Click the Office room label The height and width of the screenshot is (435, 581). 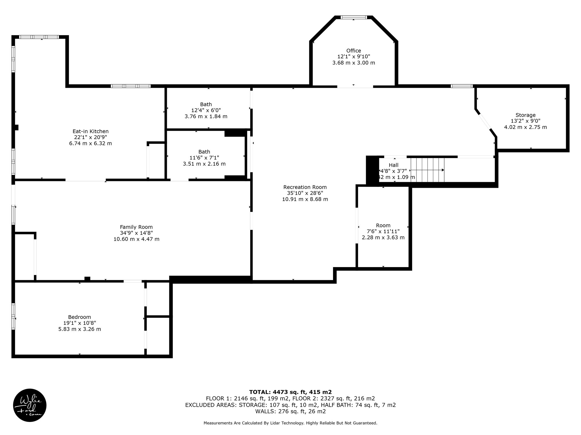[x=353, y=51]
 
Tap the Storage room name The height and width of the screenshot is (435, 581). [x=525, y=115]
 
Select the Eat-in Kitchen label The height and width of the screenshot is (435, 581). [x=90, y=131]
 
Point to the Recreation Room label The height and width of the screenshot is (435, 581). [x=305, y=187]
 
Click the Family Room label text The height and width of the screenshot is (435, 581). [x=136, y=227]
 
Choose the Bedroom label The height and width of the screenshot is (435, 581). [x=79, y=317]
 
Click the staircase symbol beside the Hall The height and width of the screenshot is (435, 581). [x=428, y=170]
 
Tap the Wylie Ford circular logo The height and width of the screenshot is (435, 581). [x=30, y=405]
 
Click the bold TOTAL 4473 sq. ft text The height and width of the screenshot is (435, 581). [x=290, y=392]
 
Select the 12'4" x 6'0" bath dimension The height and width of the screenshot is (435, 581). [x=206, y=110]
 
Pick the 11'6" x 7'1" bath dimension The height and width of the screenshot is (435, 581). [x=204, y=158]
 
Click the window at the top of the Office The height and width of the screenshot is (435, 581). [x=354, y=18]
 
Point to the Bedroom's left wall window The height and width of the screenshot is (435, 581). [x=13, y=316]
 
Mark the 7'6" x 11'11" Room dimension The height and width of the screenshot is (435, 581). [x=383, y=231]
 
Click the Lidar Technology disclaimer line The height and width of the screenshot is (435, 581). [x=290, y=423]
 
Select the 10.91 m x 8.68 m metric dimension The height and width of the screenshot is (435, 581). [x=305, y=199]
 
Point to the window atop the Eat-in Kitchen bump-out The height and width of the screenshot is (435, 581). [x=39, y=37]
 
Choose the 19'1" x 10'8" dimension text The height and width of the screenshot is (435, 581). [x=80, y=323]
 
